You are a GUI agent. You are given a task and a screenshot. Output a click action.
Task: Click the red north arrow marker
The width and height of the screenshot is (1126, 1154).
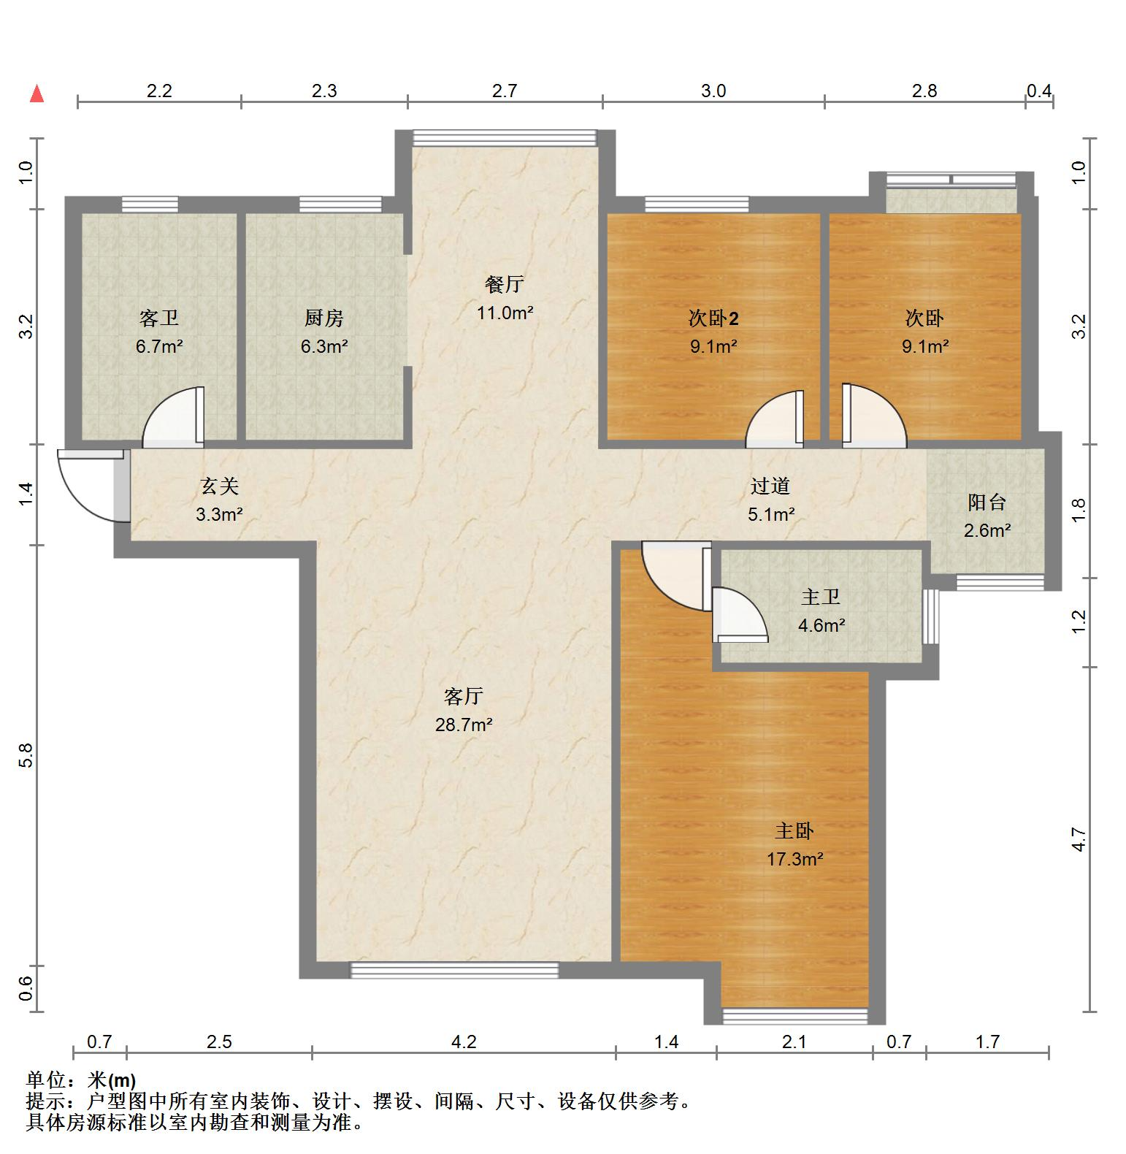37,94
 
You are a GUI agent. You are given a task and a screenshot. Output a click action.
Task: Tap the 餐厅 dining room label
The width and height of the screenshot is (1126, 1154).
504,284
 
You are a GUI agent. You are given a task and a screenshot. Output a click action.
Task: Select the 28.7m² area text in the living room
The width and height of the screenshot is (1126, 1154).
464,725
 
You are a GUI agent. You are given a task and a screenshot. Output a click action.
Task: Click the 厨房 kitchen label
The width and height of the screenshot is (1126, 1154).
323,318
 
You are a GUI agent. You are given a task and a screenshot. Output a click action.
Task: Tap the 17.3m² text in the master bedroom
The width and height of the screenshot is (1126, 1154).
794,859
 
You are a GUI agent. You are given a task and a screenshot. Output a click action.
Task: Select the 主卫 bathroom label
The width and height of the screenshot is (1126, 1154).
821,597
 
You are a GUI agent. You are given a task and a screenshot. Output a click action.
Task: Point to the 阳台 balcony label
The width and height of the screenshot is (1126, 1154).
987,502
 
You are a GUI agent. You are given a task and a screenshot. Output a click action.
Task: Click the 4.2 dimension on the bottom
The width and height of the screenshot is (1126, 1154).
463,1042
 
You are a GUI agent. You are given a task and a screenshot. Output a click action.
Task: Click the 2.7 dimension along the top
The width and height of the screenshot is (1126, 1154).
504,91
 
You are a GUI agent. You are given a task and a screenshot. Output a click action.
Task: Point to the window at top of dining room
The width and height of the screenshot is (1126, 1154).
505,137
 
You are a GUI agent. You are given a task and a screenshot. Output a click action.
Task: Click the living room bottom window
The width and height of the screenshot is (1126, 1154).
454,970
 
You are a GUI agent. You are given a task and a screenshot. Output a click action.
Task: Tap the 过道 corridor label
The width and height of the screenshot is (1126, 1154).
770,486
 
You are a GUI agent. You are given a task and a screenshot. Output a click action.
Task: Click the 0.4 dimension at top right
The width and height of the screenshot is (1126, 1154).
1039,91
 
